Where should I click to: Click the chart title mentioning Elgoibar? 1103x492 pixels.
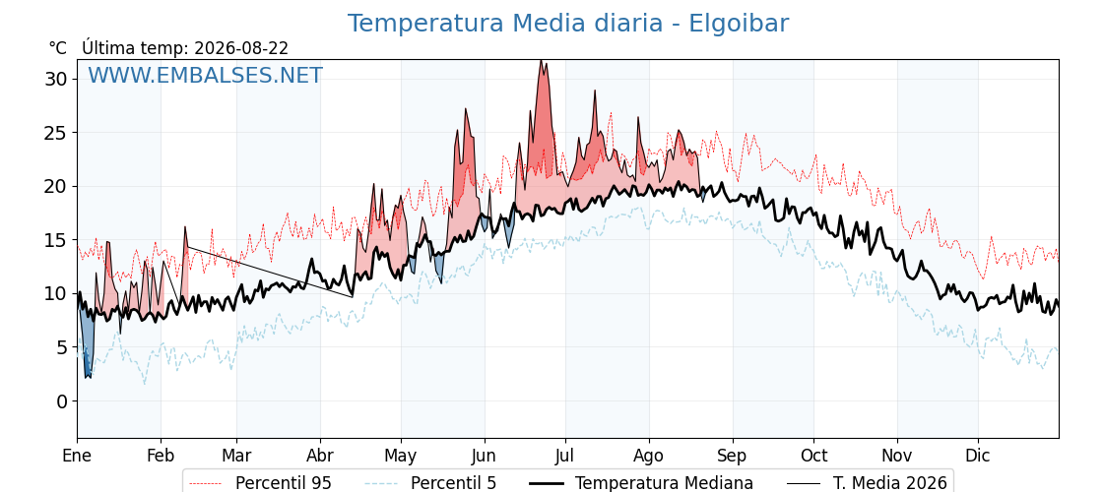point(568,24)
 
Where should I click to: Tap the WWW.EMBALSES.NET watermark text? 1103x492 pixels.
point(206,75)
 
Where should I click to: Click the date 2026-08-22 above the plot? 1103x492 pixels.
point(241,48)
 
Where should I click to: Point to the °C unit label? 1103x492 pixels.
point(58,48)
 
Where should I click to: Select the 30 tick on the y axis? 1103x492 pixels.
point(56,79)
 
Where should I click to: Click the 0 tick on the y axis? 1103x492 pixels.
point(62,401)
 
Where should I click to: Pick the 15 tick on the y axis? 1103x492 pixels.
point(56,240)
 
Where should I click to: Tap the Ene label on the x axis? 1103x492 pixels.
point(77,456)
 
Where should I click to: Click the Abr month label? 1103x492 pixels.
point(320,456)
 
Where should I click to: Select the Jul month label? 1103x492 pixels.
point(565,456)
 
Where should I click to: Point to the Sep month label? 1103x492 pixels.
point(733,457)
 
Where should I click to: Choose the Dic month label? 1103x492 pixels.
point(978,456)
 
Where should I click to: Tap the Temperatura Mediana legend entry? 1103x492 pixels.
point(640,483)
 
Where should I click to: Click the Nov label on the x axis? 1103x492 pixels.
point(897,456)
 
